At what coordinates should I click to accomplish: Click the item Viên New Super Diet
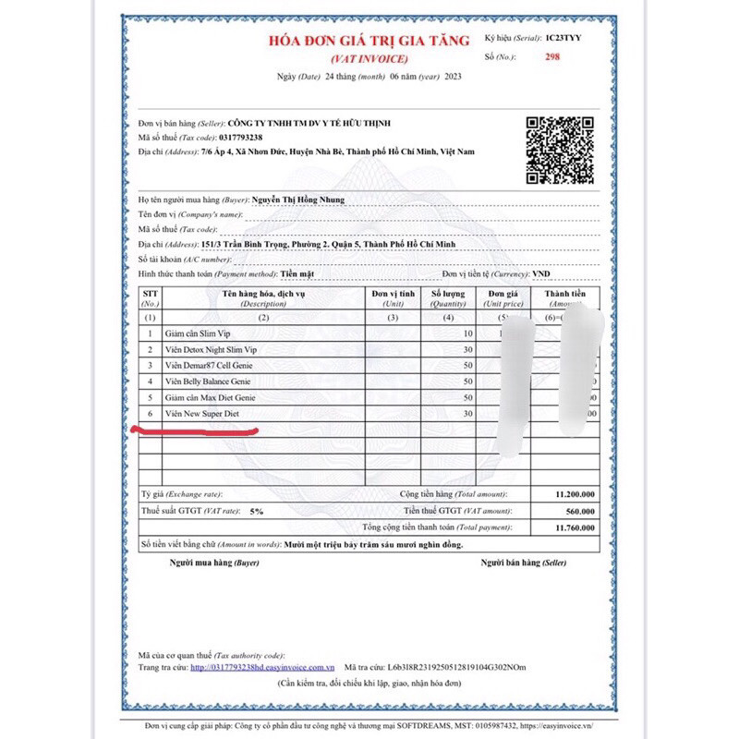click(201, 415)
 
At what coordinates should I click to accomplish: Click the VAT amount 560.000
click(578, 510)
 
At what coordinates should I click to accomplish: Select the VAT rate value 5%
click(256, 511)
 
